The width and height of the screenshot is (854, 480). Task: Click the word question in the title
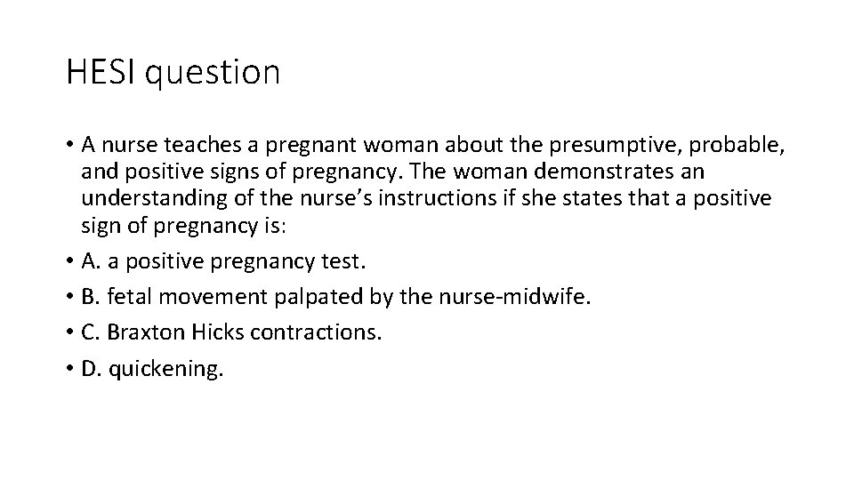pos(212,74)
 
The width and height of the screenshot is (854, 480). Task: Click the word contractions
pos(316,332)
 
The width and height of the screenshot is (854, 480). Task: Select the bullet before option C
pos(70,332)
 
